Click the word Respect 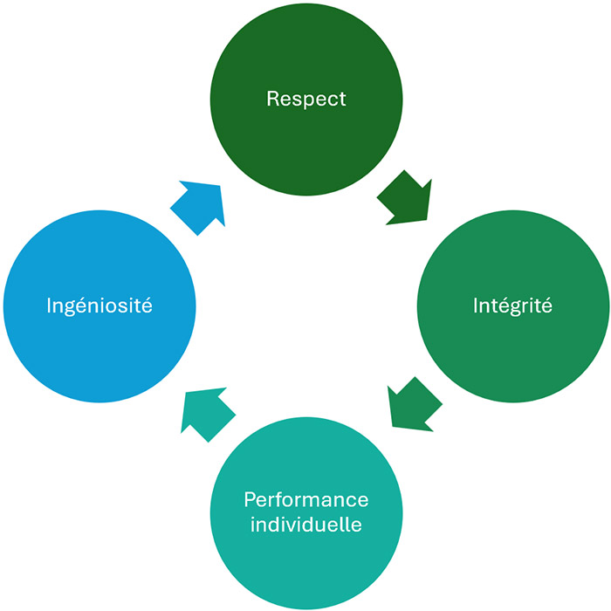[306, 99]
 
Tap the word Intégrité [512, 306]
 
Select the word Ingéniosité [99, 306]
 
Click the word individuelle [306, 525]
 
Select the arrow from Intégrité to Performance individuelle [414, 404]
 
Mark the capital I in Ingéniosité [48, 306]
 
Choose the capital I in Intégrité [476, 306]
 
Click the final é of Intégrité [546, 306]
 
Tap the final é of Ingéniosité [147, 306]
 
